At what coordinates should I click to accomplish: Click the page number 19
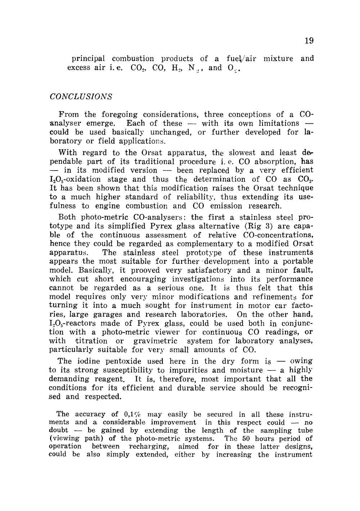309,40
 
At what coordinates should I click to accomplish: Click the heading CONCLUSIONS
81,97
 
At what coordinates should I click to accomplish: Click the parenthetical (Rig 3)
256,226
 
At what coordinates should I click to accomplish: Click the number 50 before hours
237,438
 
